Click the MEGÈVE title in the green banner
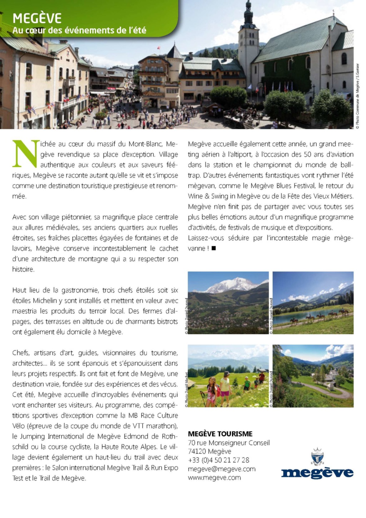(37, 18)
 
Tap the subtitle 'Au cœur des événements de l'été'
(79, 31)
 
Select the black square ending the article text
(214, 248)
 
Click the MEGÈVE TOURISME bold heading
(220, 434)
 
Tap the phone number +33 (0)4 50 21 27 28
(218, 460)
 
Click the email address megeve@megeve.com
(222, 469)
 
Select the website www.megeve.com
(214, 477)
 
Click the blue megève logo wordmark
(317, 472)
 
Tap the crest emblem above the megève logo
(317, 456)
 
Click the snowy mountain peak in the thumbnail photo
(232, 285)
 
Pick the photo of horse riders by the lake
(313, 303)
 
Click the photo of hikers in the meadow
(228, 376)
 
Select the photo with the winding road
(313, 376)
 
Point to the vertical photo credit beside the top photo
(357, 96)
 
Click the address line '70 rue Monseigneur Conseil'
(229, 443)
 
